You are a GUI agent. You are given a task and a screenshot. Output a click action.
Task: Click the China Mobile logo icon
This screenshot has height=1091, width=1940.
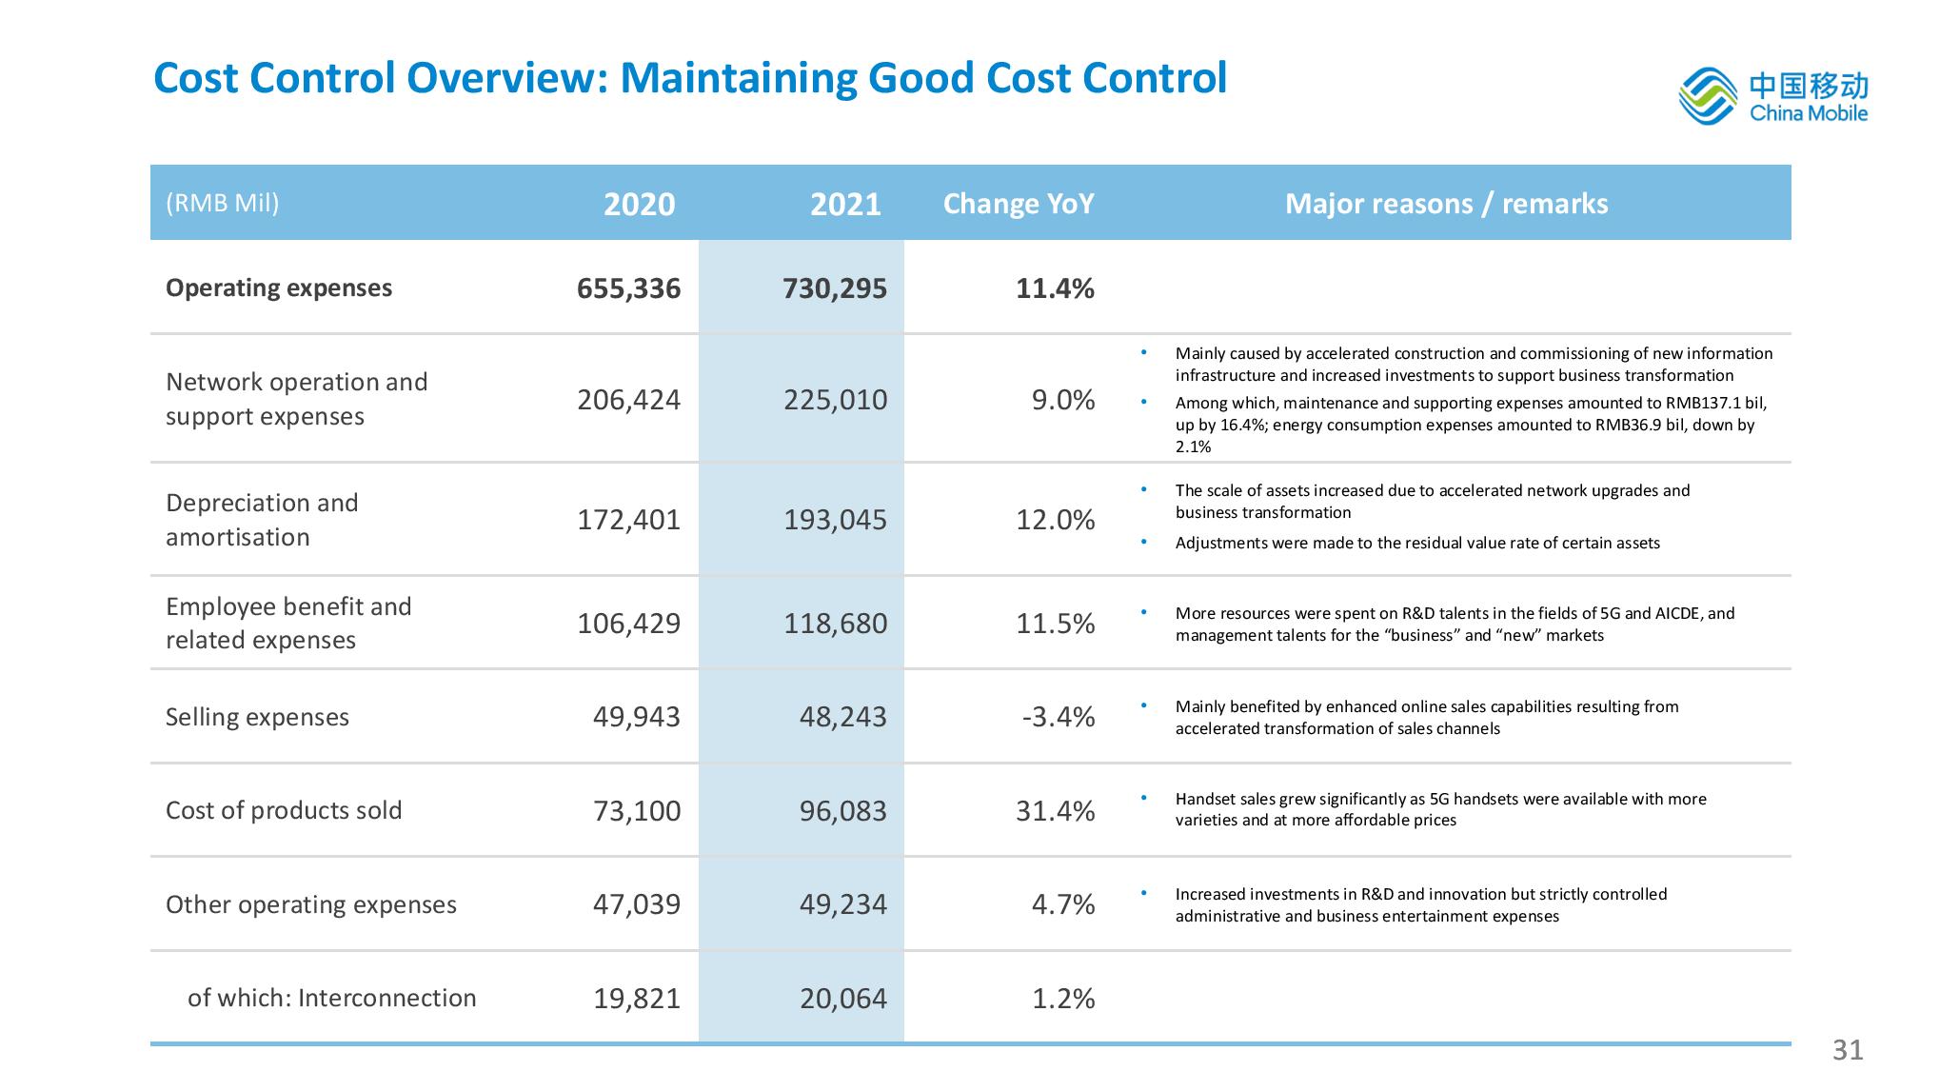coord(1709,96)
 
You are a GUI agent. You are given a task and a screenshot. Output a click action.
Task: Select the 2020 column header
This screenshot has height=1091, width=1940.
coord(639,204)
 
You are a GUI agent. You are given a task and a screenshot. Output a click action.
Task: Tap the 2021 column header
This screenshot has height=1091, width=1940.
coord(845,204)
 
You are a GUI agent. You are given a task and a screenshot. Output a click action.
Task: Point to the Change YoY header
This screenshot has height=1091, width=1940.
coord(1019,204)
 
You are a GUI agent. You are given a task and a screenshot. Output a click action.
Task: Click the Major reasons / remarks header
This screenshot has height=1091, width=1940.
coord(1446,204)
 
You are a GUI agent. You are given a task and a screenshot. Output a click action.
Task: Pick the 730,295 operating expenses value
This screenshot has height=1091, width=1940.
coord(835,288)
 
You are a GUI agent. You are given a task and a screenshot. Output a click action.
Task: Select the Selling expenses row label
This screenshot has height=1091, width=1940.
coord(257,717)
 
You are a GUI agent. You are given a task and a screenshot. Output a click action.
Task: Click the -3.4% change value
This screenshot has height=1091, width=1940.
coord(1058,717)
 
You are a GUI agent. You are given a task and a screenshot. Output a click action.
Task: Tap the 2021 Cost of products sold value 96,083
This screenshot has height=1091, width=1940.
coord(843,811)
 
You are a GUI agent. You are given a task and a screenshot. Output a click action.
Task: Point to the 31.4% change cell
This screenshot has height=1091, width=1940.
coord(1056,811)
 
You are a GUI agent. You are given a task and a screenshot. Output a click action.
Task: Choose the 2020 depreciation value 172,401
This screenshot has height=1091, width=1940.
coord(628,520)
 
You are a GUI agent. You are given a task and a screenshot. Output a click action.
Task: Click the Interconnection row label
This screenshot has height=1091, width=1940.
coord(332,998)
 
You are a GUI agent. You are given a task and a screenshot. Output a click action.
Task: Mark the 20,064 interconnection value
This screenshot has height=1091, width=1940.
coord(843,999)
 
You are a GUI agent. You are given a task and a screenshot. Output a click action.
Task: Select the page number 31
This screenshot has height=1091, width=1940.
coord(1848,1049)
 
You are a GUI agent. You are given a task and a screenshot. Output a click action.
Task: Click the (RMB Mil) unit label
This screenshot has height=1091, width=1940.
coord(223,203)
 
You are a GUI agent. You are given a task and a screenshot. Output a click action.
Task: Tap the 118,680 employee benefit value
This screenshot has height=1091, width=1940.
coord(835,624)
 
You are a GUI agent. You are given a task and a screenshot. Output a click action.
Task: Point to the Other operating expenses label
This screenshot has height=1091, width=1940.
coord(311,904)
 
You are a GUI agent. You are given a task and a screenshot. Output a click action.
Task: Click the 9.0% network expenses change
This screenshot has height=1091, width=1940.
coord(1063,400)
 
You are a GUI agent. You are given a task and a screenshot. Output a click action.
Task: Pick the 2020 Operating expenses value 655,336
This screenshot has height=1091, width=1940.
coord(628,288)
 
